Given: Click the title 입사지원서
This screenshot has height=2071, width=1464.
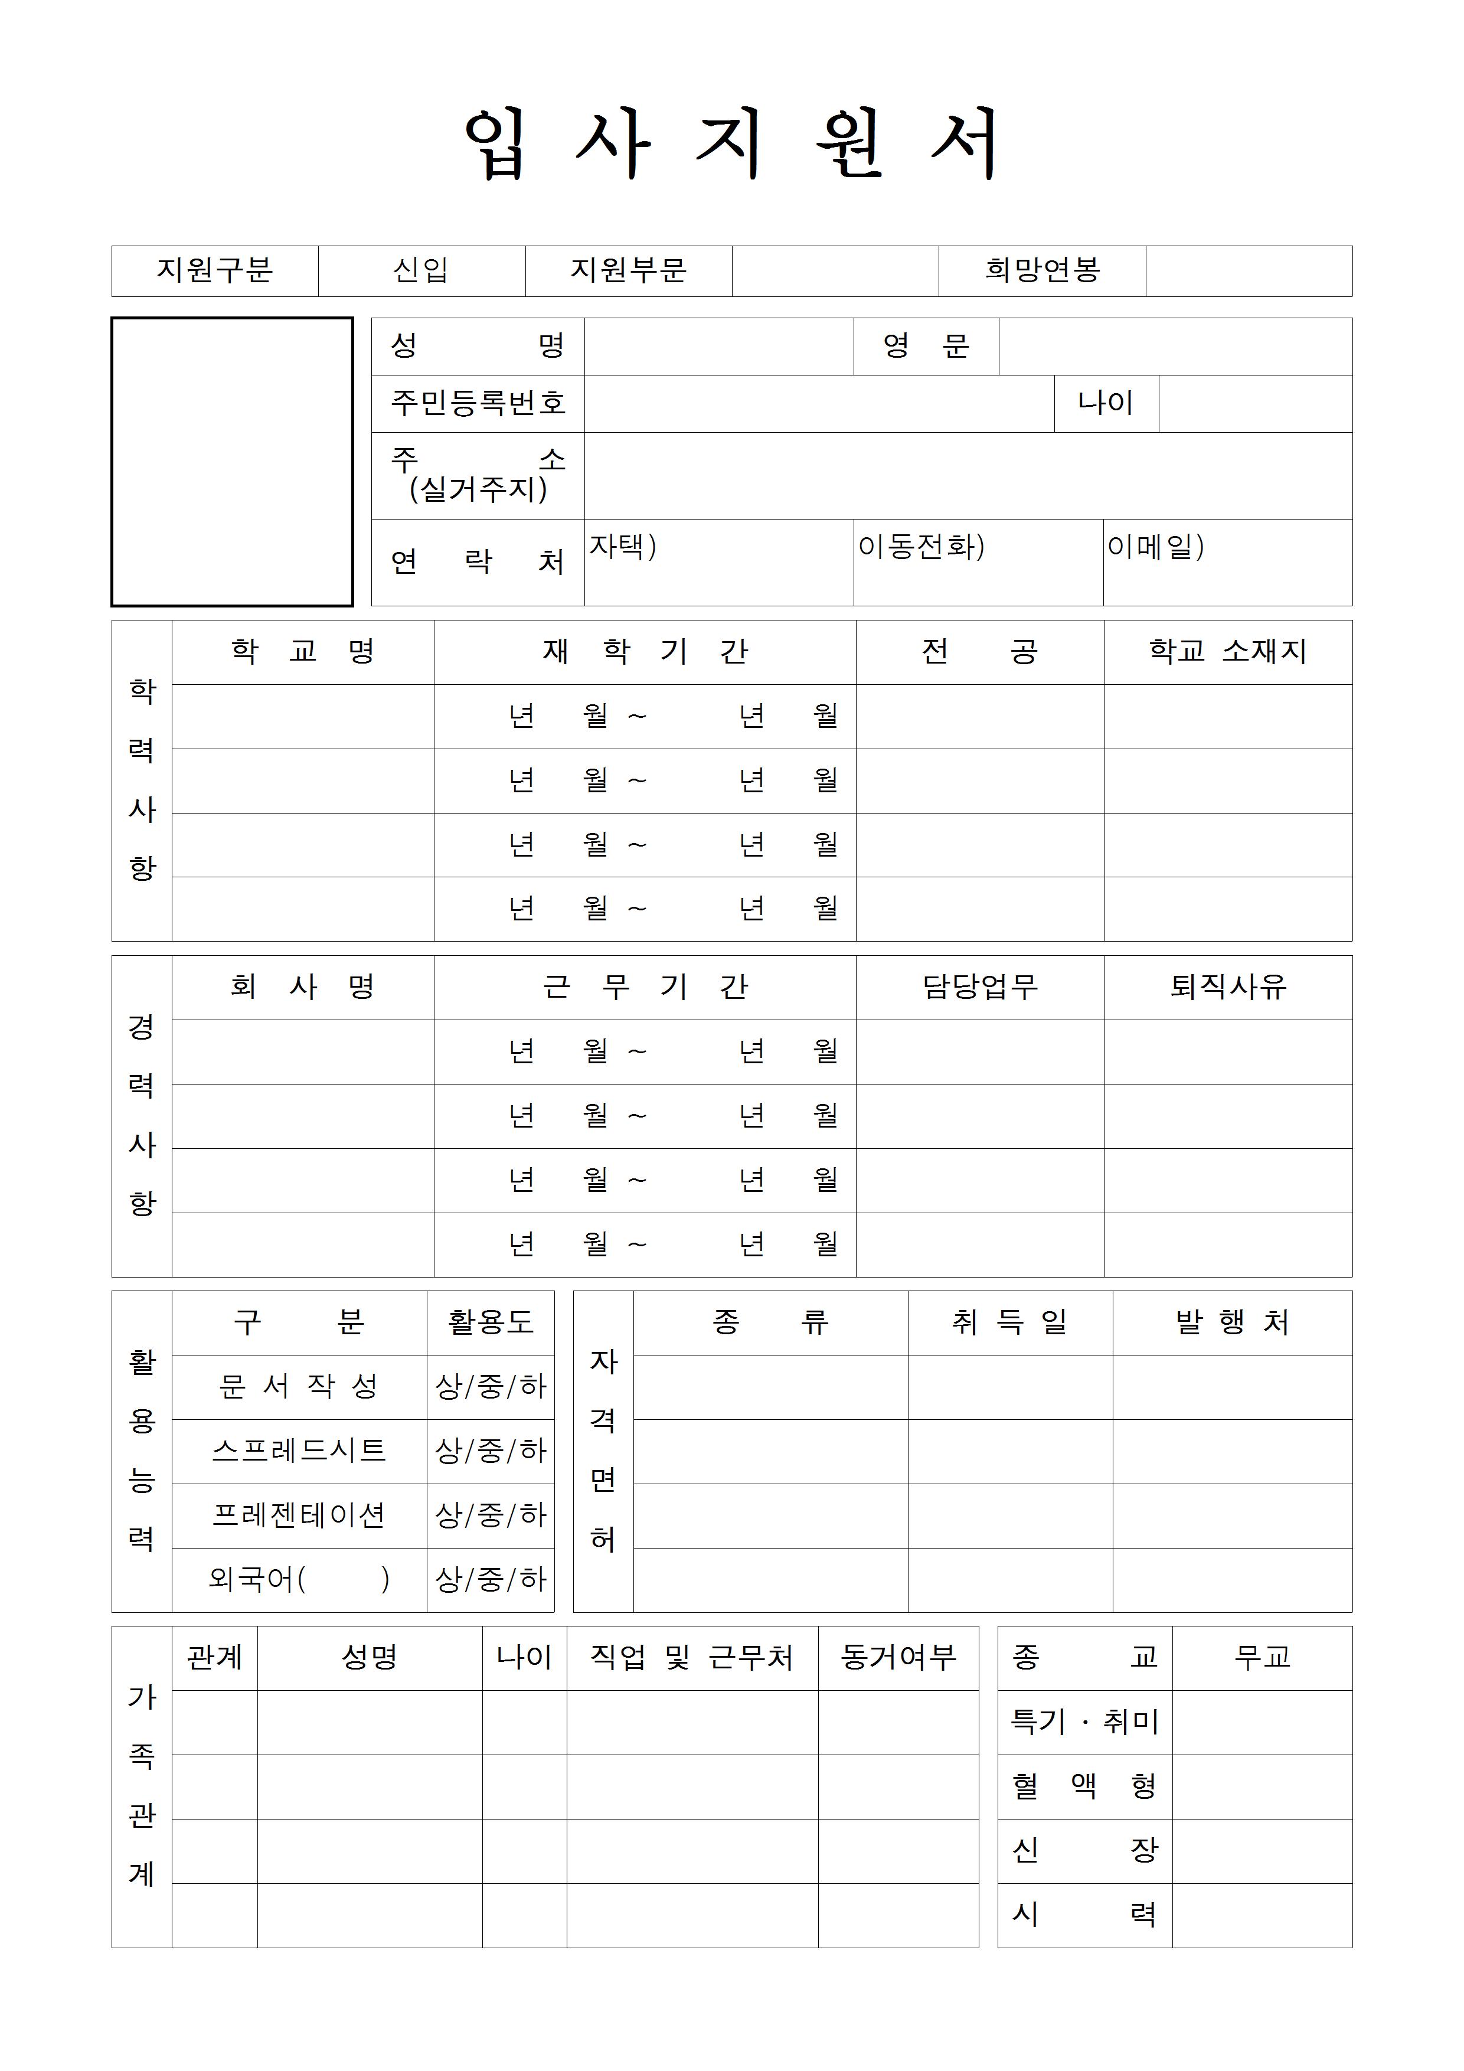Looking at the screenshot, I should pyautogui.click(x=731, y=144).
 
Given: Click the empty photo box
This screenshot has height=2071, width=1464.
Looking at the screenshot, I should pyautogui.click(x=232, y=461).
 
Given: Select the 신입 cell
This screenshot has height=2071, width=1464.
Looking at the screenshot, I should pyautogui.click(x=421, y=270).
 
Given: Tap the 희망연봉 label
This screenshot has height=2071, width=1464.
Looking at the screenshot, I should pyautogui.click(x=1042, y=270).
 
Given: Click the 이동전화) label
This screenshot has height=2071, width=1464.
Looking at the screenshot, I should pyautogui.click(x=920, y=547).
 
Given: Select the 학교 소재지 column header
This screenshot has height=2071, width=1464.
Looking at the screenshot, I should pyautogui.click(x=1228, y=651).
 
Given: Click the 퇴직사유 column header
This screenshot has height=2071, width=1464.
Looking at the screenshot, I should pyautogui.click(x=1228, y=986).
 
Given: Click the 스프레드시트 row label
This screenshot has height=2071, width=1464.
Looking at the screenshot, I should pyautogui.click(x=299, y=1451).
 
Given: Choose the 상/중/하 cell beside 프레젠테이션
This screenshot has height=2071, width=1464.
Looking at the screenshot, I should pyautogui.click(x=491, y=1515).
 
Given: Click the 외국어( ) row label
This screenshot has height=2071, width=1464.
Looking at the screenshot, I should pyautogui.click(x=299, y=1579).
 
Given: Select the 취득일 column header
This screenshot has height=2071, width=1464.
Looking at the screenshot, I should pyautogui.click(x=1009, y=1322).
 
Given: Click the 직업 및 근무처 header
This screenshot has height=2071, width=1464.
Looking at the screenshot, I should pyautogui.click(x=692, y=1658).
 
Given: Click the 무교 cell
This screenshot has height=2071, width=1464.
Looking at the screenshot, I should pyautogui.click(x=1262, y=1658).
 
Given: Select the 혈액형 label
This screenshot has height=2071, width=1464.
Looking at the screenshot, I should pyautogui.click(x=1084, y=1787).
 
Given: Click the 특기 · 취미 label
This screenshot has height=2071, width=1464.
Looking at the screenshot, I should pyautogui.click(x=1084, y=1722).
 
